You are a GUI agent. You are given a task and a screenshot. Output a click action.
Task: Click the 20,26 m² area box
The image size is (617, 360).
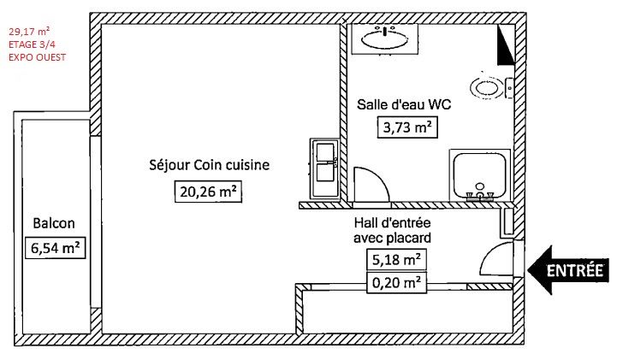[x=208, y=192]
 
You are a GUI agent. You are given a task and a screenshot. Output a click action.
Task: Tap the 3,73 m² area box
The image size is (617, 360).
[x=407, y=127]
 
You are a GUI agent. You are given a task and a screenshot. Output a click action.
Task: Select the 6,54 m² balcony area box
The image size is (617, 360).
[x=55, y=248]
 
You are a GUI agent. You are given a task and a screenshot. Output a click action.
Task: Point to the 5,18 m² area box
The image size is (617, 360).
[x=396, y=260]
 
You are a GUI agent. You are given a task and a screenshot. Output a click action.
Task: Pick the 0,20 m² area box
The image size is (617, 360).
[x=396, y=282]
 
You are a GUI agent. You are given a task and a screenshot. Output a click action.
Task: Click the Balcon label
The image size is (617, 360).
[x=54, y=223]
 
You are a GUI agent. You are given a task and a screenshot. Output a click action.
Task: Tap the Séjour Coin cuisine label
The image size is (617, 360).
[x=210, y=165]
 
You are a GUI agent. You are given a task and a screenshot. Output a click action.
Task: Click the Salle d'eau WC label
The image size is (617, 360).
[x=404, y=104]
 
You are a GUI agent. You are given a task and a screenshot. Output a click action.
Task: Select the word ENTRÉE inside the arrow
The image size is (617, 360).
[x=575, y=271]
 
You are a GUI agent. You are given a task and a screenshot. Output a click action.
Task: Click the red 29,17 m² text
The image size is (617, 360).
[x=29, y=32]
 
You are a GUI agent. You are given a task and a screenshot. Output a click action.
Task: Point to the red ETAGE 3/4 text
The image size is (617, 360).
[x=32, y=44]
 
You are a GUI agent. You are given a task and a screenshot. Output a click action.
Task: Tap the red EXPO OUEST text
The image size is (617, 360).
[x=37, y=57]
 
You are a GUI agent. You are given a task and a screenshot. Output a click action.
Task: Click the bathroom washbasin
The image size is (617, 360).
[x=384, y=38]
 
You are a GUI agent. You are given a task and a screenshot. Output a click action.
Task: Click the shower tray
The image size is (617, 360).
[x=480, y=175]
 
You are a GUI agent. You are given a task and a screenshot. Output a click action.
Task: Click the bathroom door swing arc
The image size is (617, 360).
[x=378, y=176]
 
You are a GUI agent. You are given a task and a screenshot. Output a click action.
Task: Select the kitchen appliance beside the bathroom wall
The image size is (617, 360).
[x=324, y=168]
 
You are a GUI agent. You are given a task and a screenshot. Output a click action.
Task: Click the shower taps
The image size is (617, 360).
[x=480, y=195]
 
